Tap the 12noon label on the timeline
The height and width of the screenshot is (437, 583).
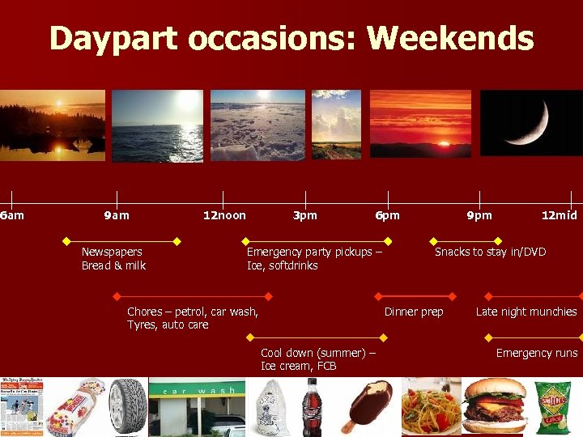click(x=224, y=215)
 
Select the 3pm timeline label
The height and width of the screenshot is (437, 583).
click(x=305, y=215)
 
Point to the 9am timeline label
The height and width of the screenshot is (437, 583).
click(x=117, y=215)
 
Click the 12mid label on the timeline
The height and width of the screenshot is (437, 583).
click(x=560, y=215)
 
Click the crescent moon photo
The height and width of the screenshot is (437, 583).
click(x=530, y=123)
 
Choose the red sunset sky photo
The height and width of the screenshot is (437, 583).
click(x=420, y=123)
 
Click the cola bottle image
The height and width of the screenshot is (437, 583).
click(x=312, y=407)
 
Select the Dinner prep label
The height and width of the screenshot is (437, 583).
click(x=414, y=312)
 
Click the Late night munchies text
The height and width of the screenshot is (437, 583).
click(x=526, y=312)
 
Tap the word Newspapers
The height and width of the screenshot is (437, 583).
click(x=112, y=252)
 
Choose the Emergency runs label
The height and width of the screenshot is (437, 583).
click(x=537, y=353)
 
